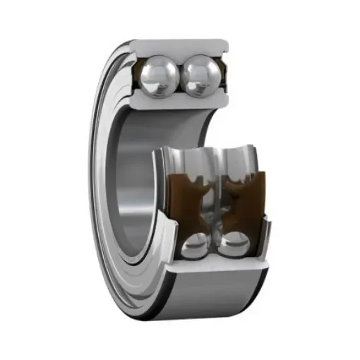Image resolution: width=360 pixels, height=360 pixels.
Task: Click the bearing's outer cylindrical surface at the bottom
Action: tap(212, 296)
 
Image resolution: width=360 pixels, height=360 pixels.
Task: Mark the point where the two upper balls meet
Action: tap(181, 76)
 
